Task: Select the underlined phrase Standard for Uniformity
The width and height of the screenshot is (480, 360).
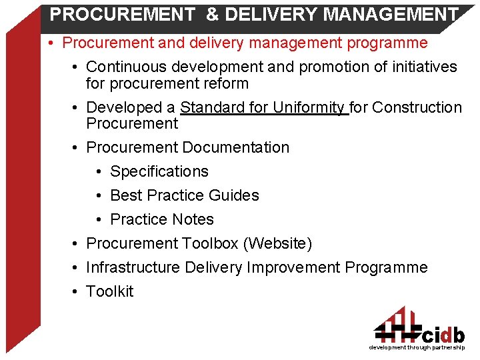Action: click(263, 107)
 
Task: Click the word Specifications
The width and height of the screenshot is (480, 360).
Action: click(159, 171)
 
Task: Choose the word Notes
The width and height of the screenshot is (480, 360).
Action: click(193, 219)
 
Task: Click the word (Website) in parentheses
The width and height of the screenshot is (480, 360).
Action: click(277, 243)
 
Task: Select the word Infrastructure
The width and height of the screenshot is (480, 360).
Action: click(133, 267)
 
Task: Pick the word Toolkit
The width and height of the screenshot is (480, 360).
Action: click(110, 291)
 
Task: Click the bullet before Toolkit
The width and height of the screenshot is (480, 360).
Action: click(77, 291)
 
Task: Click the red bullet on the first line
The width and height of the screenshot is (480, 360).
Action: click(51, 43)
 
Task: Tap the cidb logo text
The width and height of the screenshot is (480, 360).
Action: click(443, 334)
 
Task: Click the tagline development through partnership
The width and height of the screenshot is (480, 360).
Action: click(417, 348)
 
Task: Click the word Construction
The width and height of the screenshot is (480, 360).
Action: click(417, 107)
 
